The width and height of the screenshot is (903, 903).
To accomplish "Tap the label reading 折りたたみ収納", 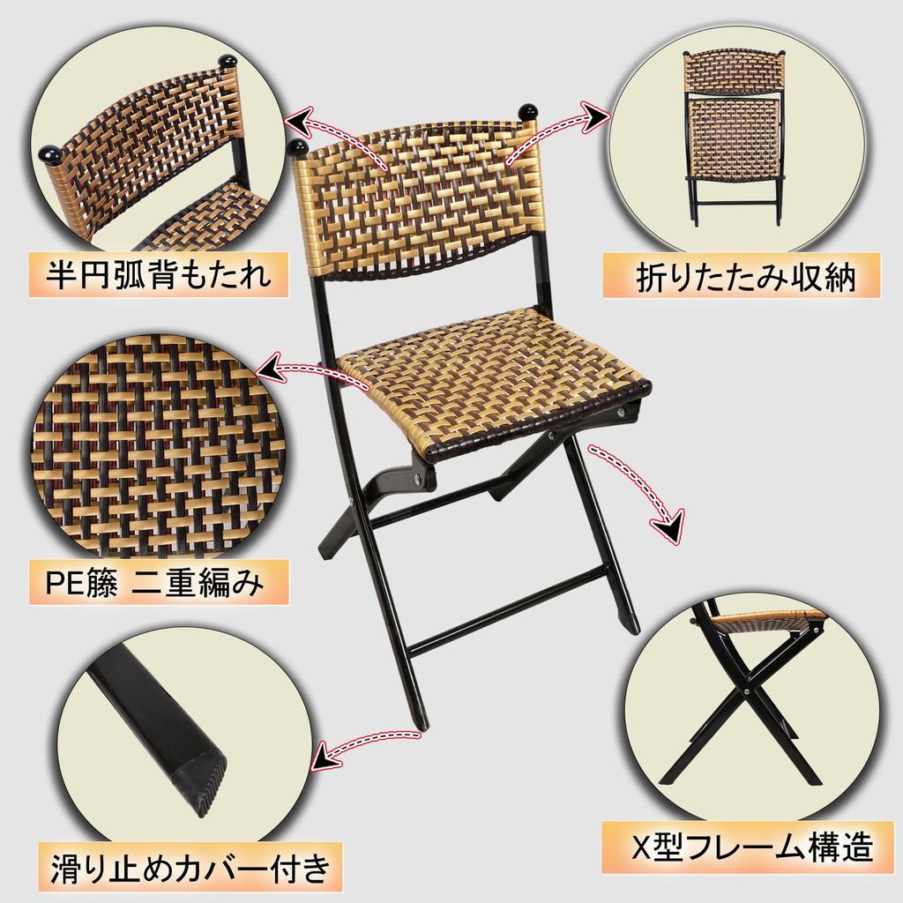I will pos(744,275).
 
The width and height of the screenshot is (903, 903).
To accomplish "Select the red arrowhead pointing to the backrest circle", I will pos(297,120).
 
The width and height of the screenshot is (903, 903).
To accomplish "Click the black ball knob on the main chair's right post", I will pos(529,113).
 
